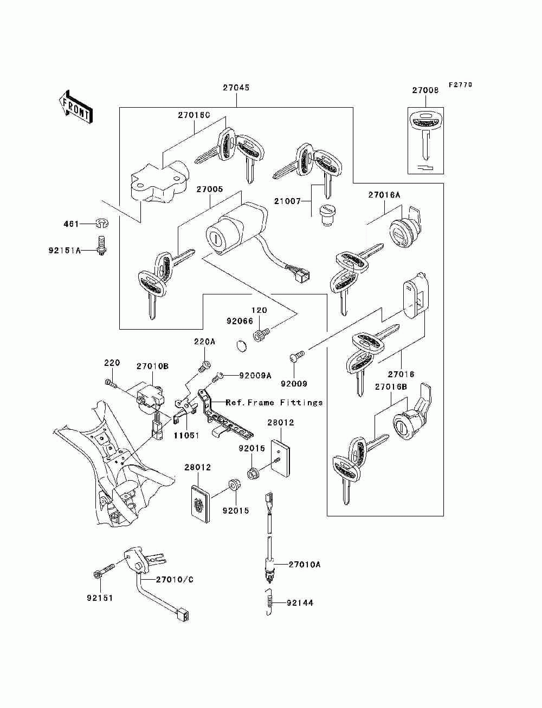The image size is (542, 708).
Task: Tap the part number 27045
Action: click(x=236, y=87)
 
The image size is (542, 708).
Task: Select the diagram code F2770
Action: click(x=460, y=85)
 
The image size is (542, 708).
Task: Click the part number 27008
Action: click(x=425, y=90)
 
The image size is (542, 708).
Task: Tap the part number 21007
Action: click(x=287, y=201)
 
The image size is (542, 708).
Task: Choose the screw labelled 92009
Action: click(x=297, y=356)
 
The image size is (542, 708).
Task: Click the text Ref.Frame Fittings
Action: click(x=274, y=402)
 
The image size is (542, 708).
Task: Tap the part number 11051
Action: click(x=186, y=435)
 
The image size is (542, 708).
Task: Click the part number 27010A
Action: click(x=304, y=565)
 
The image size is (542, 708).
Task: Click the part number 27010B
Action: click(x=152, y=366)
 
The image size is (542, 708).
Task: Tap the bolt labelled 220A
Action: click(x=205, y=366)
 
